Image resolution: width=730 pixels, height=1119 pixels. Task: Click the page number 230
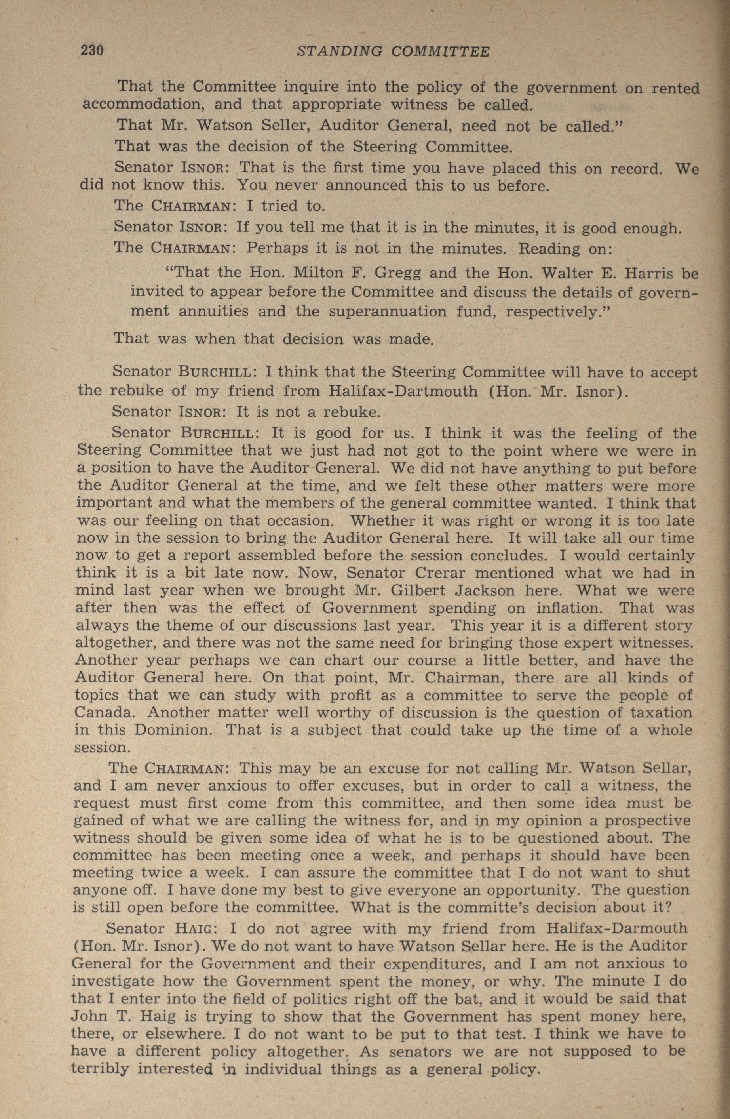point(92,50)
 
